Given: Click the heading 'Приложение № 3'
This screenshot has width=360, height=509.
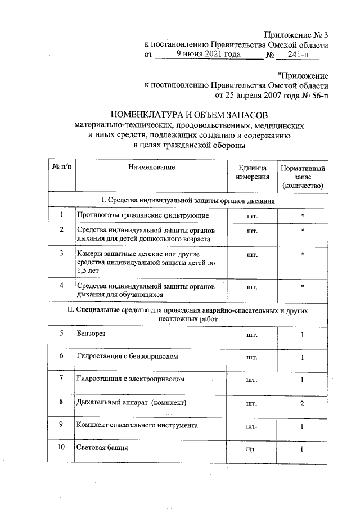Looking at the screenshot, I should coord(296,35).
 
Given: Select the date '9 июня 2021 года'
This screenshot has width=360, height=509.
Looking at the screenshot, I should coord(208,55).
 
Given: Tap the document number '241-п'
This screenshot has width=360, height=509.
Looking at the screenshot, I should coord(298,55).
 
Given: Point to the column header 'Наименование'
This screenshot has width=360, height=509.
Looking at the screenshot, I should coord(151,167).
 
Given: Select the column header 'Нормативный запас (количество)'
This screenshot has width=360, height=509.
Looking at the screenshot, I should coord(302,177).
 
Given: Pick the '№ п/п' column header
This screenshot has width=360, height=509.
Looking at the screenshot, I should coord(61,167).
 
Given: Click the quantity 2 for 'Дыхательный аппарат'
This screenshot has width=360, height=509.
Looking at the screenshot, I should coord(302,403).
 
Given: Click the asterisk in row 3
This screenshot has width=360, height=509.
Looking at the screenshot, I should coord(302,254).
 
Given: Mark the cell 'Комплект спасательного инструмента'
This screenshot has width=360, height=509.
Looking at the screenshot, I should coord(137,426).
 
